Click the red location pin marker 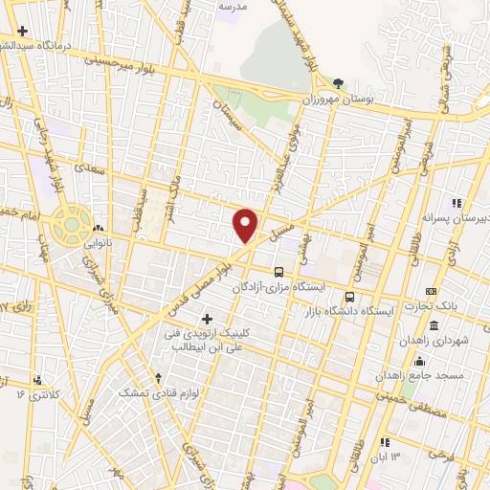point(246,225)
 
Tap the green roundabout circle point(71,225)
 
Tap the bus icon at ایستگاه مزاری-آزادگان point(278,271)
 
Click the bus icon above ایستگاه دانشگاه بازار point(349,297)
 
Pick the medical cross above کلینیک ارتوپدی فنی point(207,318)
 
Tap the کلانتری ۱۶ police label point(38,393)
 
